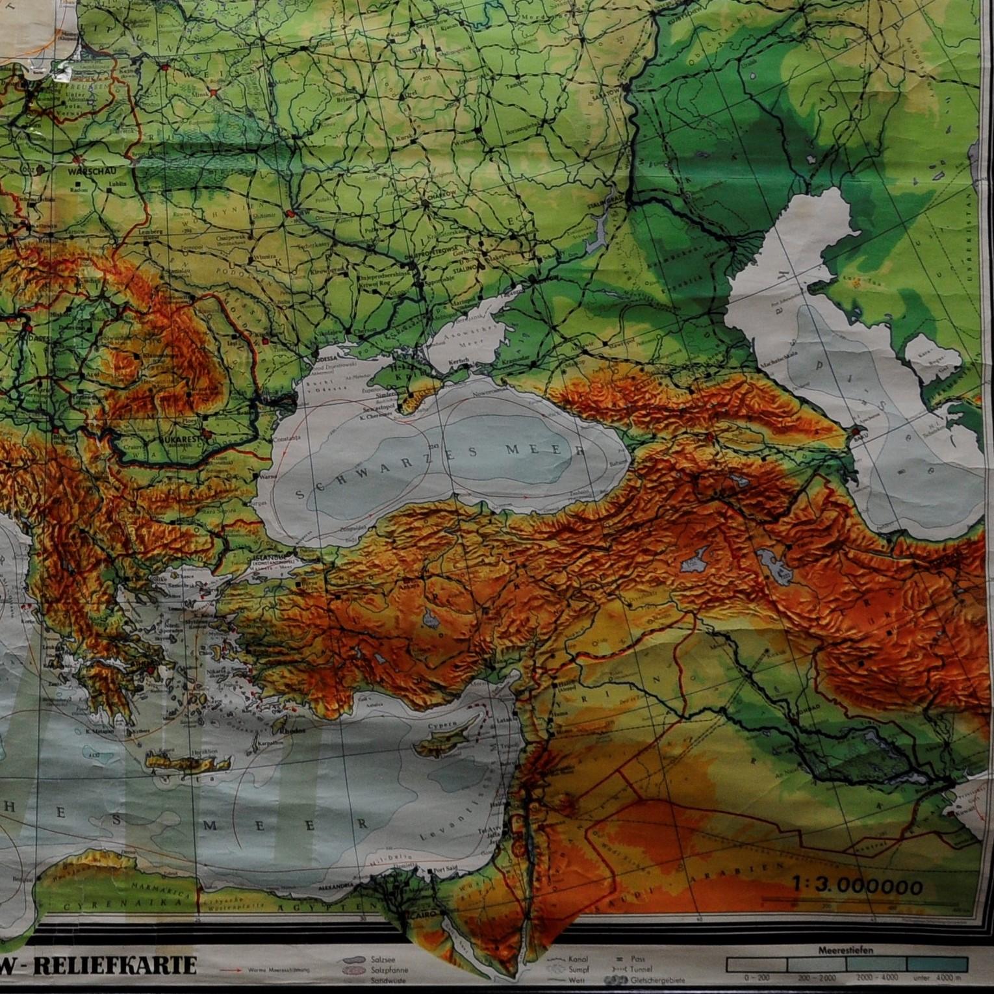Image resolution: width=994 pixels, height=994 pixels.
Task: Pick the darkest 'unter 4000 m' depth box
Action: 948,964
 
